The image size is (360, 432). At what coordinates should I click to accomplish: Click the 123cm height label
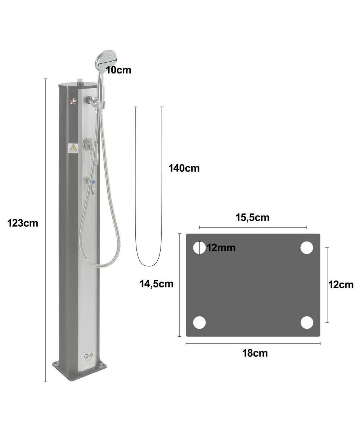point(23,223)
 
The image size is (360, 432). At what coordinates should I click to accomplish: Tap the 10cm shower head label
point(119,70)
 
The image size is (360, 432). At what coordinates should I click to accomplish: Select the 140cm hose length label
point(184,168)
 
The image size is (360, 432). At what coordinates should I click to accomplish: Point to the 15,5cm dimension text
point(252,217)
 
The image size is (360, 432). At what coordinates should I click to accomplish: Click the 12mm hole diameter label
point(221,248)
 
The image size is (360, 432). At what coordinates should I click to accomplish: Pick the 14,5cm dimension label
point(156,284)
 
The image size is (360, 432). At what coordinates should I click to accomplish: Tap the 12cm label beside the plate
point(341,285)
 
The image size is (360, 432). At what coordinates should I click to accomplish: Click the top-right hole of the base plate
point(307,248)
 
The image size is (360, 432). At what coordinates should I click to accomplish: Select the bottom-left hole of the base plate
point(199,323)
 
